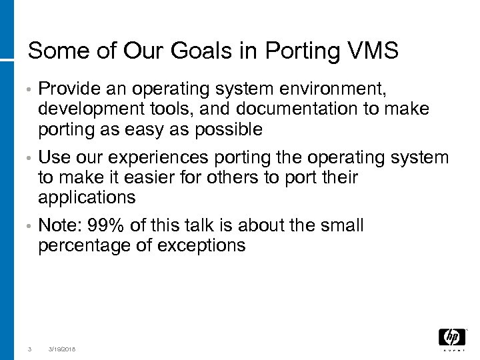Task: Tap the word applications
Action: click(x=87, y=198)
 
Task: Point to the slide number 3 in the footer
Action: click(x=29, y=349)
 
